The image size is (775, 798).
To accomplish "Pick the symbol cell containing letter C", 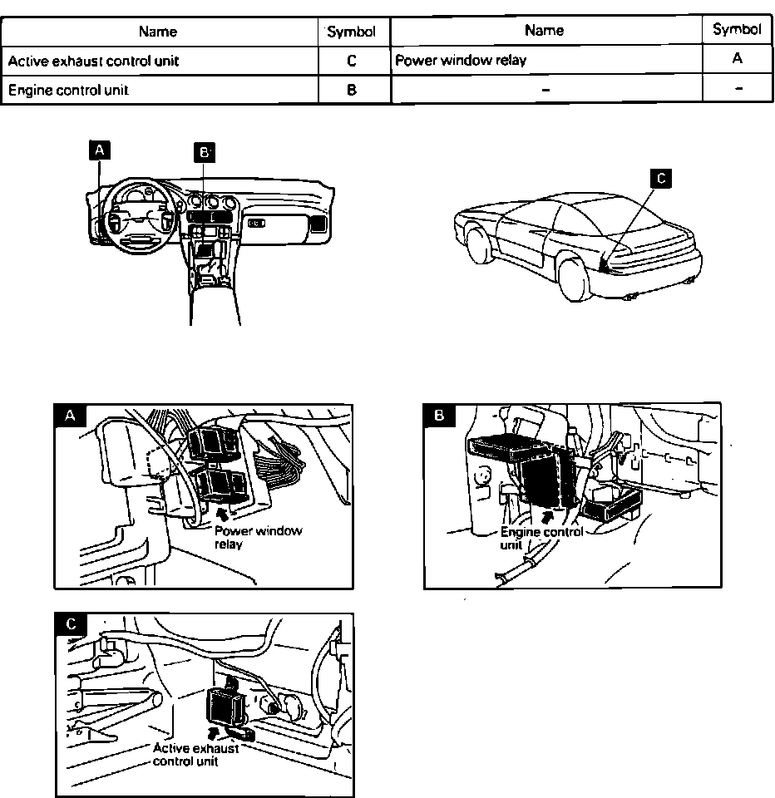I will [x=353, y=62].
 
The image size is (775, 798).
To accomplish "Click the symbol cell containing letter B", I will [x=353, y=90].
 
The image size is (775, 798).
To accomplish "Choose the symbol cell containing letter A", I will [x=738, y=59].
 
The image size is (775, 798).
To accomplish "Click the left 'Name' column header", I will [x=158, y=32].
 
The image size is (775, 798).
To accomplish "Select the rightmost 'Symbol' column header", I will [x=737, y=30].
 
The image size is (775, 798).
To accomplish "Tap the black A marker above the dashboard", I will [x=100, y=150].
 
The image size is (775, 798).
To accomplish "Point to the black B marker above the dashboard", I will [x=204, y=151].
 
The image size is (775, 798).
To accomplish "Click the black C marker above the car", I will [x=660, y=177].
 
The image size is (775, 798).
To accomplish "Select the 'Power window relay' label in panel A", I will [x=258, y=538].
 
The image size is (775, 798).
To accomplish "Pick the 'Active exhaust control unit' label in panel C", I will [x=195, y=754].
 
